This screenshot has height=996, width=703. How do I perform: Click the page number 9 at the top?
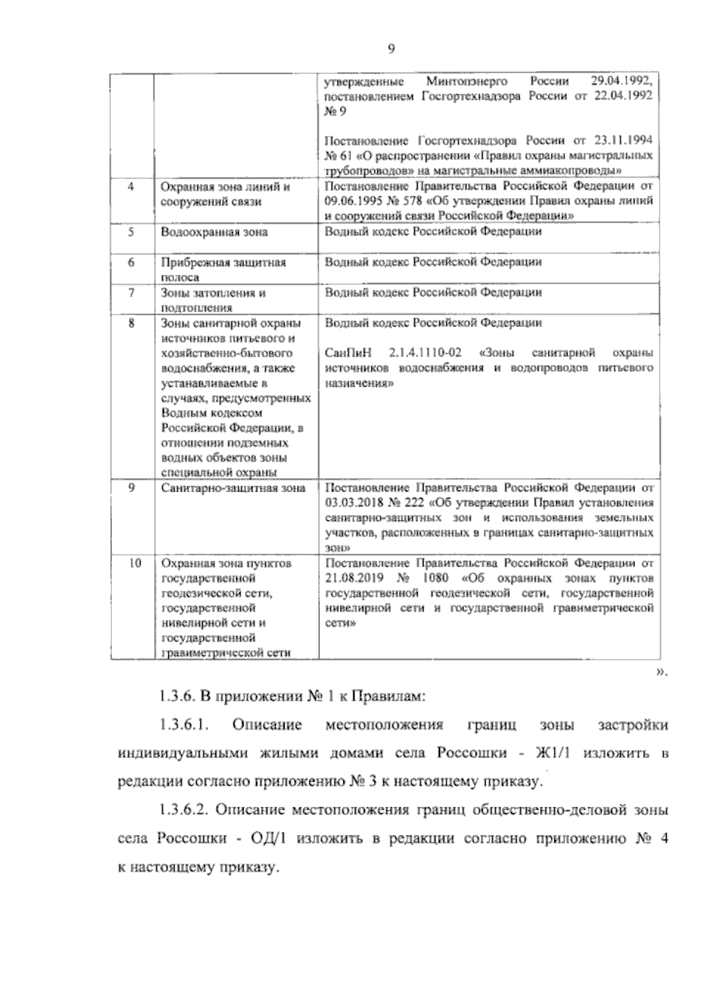[391, 50]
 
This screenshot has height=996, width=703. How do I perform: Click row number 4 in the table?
[131, 186]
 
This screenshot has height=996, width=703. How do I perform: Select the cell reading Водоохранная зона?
[215, 232]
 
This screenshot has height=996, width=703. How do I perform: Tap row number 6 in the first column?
[131, 262]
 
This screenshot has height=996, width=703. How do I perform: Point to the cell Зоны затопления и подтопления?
[214, 300]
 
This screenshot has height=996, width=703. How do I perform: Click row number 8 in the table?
[131, 322]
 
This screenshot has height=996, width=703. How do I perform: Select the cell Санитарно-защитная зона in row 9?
[233, 488]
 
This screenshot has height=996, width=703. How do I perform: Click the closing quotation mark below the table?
[661, 672]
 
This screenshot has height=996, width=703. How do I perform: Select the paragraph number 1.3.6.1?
[184, 725]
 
